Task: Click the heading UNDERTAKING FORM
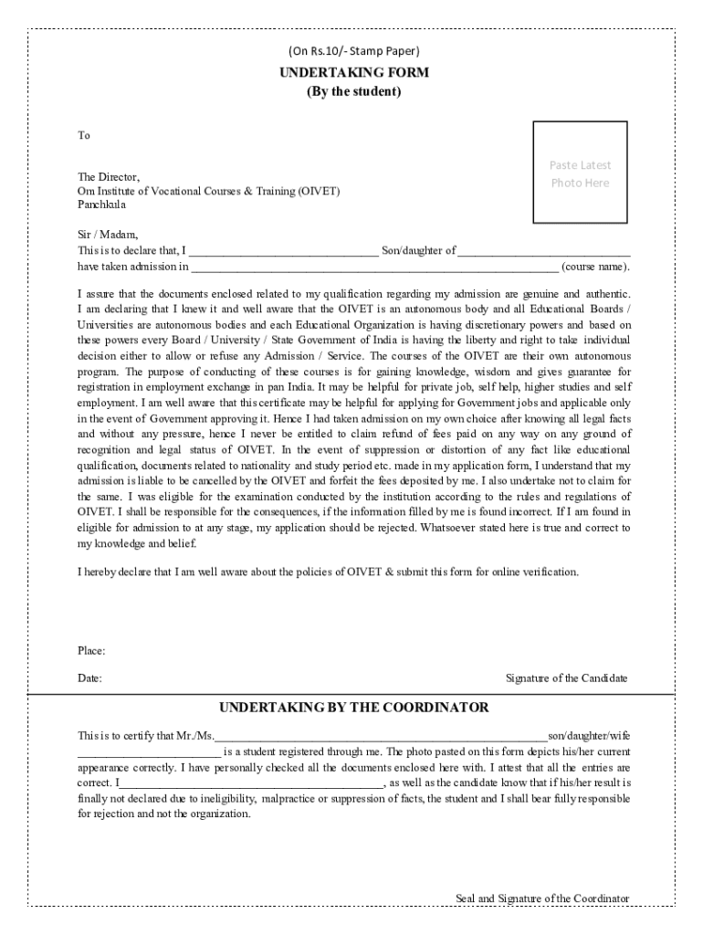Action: [353, 72]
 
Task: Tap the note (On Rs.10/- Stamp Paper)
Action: [353, 51]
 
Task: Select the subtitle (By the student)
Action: [353, 92]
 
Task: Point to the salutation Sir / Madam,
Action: [108, 235]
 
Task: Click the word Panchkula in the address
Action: [102, 205]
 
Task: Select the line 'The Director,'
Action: [109, 176]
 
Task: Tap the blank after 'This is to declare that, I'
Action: [282, 251]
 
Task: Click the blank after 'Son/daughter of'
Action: [543, 251]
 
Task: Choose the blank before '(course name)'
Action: [374, 268]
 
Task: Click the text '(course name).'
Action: [595, 268]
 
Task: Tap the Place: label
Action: [91, 651]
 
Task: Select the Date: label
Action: [89, 678]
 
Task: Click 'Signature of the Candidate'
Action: [566, 678]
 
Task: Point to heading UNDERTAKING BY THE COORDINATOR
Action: [353, 708]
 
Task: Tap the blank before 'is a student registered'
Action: [149, 753]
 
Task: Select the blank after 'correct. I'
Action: [251, 783]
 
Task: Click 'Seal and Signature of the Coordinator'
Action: [542, 898]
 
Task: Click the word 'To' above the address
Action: [84, 136]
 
